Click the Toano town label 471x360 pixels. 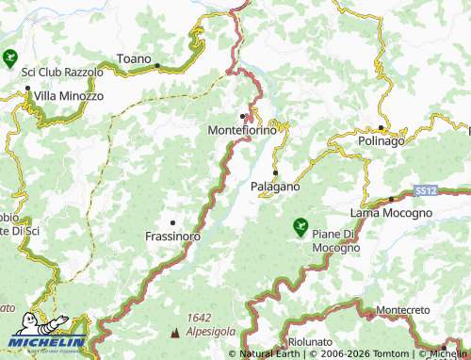point(133,59)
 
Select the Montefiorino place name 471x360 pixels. point(242,130)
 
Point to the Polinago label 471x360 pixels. point(382,140)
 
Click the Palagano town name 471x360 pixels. point(275,187)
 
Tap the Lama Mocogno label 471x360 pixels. point(391,213)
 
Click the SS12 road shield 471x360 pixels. point(426,191)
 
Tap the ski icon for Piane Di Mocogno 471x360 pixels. point(300,226)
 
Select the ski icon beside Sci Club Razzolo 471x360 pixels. point(10,57)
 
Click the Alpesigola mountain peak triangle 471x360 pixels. point(173,333)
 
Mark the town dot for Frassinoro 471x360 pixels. point(172,223)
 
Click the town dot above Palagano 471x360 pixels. point(275,173)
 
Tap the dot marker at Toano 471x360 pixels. point(157,65)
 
